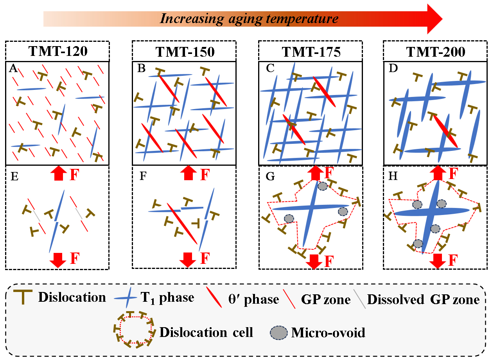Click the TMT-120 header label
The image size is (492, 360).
coord(58,51)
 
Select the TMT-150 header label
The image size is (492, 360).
coord(185,52)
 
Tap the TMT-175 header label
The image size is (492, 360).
coord(311,52)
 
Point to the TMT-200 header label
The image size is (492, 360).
coord(436,52)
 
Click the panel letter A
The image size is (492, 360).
coord(13,68)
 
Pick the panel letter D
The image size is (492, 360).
coord(393,68)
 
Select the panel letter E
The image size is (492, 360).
coord(14,177)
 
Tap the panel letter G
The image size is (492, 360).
coord(270,176)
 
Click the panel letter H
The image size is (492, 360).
coord(393,176)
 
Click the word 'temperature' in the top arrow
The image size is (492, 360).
coord(302,19)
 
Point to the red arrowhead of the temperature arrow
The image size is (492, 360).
coord(435,19)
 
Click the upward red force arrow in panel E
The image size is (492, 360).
coord(59,174)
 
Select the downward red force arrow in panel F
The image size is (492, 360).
coord(188,260)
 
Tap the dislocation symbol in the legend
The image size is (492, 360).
coord(23,297)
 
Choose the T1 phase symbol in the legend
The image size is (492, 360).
coord(126,298)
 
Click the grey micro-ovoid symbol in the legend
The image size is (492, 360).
coord(279,333)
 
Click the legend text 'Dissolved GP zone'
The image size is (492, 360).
coord(423,299)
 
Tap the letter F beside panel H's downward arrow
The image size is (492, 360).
coord(453,260)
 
